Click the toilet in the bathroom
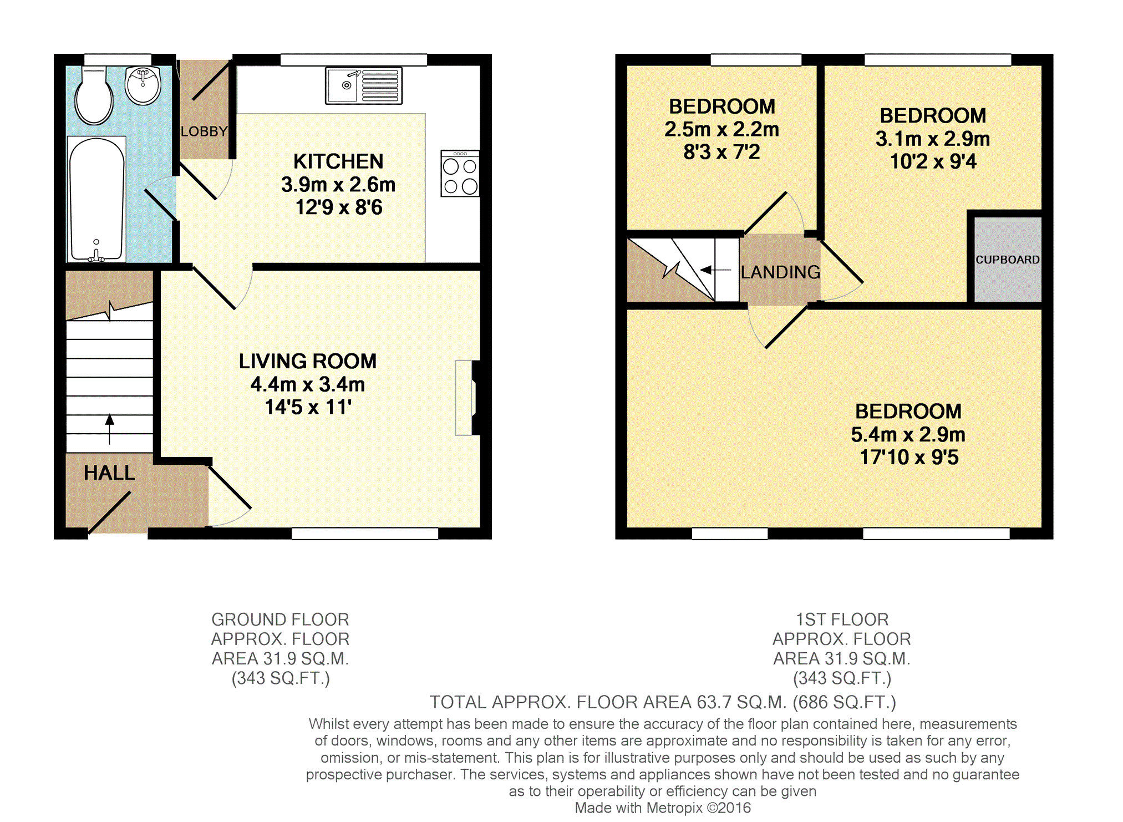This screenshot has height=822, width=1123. point(94,95)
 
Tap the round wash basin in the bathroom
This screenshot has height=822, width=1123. point(143,85)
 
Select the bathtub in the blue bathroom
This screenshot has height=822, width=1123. point(96,199)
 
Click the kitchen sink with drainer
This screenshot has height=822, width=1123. point(364,85)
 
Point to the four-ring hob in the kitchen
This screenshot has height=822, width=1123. point(460,173)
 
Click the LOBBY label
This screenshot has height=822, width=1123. point(204,131)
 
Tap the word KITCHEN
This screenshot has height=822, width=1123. point(338,161)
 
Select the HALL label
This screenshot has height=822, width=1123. point(109,473)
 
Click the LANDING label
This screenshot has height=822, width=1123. point(780,272)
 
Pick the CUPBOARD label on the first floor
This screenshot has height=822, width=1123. point(1008,260)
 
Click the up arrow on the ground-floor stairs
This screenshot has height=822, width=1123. point(110,429)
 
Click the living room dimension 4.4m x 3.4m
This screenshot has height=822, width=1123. point(308,384)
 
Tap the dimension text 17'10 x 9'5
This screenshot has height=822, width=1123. point(909,458)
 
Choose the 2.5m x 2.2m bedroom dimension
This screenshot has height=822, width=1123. point(722,129)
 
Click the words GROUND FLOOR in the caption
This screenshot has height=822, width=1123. point(280,620)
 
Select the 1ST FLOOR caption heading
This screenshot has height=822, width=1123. point(842,620)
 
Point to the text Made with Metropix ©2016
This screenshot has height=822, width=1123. point(663,808)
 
